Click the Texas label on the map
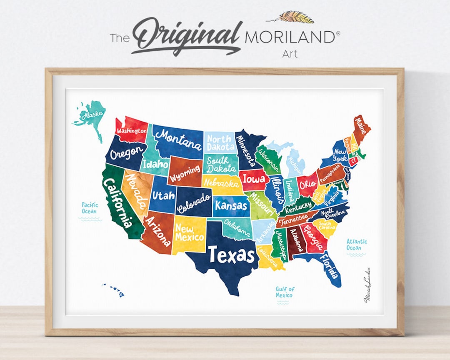tap(231, 254)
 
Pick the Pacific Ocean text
tap(90, 208)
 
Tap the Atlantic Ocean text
tap(356, 245)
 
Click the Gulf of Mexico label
tap(285, 292)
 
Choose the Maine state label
tap(360, 125)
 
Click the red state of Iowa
tap(254, 180)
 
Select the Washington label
tap(132, 130)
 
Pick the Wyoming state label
tap(185, 171)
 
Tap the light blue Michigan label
tap(295, 165)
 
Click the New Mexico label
tap(189, 233)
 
